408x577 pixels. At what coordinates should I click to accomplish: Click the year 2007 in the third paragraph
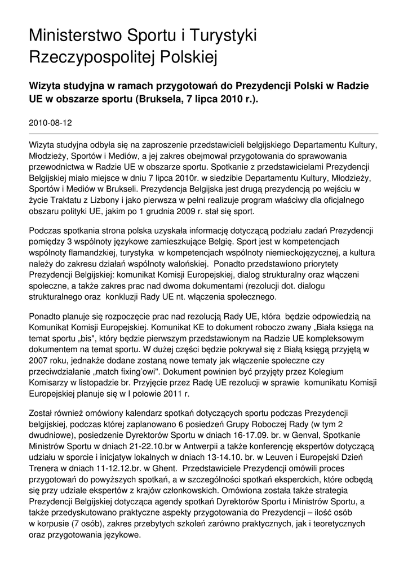click(x=38, y=360)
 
